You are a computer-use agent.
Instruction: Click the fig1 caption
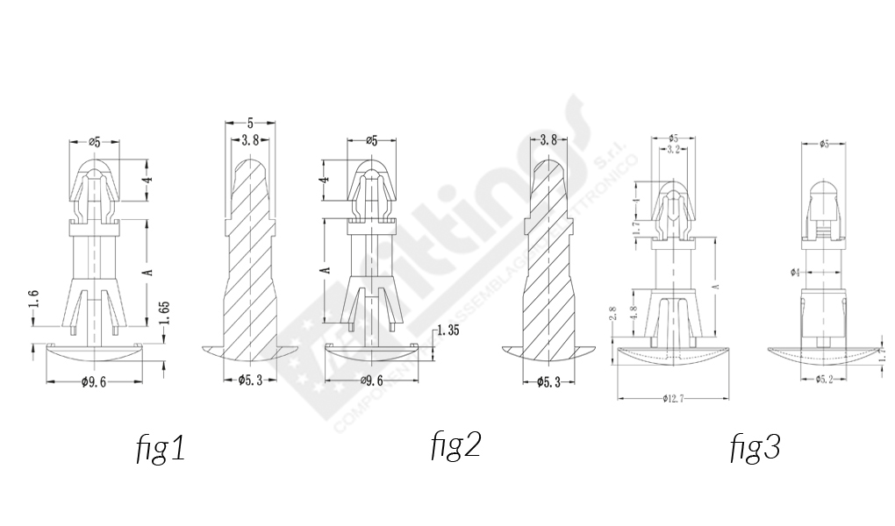[x=160, y=449]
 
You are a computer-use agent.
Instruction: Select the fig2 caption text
[x=455, y=445]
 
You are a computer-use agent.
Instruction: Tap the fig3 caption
[x=755, y=448]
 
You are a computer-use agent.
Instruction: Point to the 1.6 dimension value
[x=33, y=300]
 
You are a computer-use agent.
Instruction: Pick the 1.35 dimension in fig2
[x=448, y=330]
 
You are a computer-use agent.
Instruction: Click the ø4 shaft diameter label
[x=795, y=273]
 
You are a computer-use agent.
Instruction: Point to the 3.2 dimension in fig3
[x=673, y=150]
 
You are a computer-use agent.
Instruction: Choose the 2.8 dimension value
[x=611, y=314]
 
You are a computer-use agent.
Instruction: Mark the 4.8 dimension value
[x=634, y=314]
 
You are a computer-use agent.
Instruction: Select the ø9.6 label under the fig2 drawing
[x=371, y=381]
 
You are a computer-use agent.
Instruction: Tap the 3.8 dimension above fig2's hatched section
[x=549, y=139]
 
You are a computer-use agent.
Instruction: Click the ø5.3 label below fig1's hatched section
[x=251, y=380]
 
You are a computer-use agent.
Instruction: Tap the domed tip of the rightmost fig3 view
[x=823, y=188]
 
